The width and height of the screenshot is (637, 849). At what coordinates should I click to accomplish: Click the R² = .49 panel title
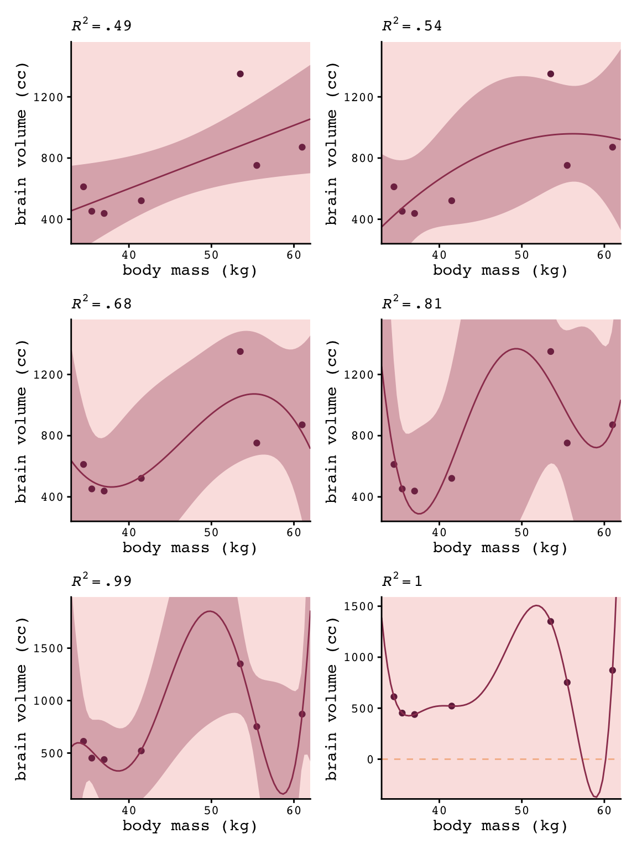point(102,26)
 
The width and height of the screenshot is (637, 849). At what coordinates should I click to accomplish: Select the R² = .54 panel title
point(412,26)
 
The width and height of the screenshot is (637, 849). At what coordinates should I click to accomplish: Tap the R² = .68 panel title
point(102,303)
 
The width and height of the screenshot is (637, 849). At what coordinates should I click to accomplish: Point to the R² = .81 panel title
point(412,303)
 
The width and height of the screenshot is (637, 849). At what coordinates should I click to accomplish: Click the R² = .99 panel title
point(102,581)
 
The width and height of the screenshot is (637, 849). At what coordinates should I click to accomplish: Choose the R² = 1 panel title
point(402,581)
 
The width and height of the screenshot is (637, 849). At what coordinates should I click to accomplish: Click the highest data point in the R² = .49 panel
point(240,74)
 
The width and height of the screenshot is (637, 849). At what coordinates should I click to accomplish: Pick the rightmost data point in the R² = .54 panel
point(612,147)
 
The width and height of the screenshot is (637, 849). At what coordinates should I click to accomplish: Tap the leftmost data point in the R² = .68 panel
point(83,464)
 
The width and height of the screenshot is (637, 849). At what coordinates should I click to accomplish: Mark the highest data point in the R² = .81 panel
point(550,352)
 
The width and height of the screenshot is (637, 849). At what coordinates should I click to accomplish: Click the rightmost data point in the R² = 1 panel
point(612,670)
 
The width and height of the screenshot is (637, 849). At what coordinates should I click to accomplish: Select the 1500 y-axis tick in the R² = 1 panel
point(363,606)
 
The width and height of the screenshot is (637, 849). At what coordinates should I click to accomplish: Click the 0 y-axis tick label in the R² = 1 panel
point(370,759)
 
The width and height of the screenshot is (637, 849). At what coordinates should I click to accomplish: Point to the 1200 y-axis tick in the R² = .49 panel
point(53,97)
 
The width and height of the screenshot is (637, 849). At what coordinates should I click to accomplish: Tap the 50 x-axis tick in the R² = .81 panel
point(521,532)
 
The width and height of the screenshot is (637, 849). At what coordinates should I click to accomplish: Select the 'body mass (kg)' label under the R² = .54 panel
point(500,270)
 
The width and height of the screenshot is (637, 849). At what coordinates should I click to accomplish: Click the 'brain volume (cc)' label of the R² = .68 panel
point(22,420)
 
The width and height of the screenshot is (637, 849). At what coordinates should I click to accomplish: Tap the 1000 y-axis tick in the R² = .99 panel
point(53,701)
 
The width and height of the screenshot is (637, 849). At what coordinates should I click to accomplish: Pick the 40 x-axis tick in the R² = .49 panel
point(129,255)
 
